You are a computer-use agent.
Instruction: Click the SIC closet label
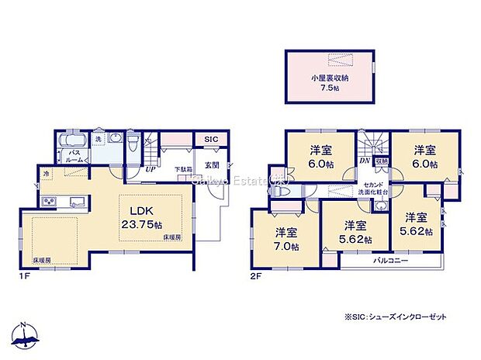pyautogui.click(x=211, y=140)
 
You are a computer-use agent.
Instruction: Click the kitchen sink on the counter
pyautogui.click(x=78, y=202)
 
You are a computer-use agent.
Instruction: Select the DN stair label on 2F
pyautogui.click(x=363, y=160)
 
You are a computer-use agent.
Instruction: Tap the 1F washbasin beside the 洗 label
pyautogui.click(x=115, y=140)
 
